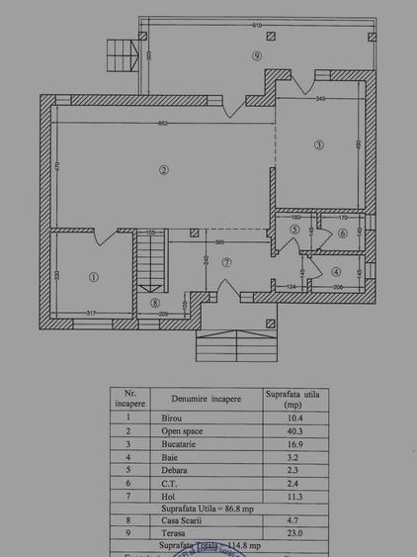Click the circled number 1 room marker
click(x=94, y=277)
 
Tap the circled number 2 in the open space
click(x=163, y=171)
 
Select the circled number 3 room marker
click(x=318, y=145)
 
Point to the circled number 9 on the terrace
click(x=256, y=56)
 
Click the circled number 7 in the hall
click(x=227, y=262)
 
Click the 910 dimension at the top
click(x=256, y=24)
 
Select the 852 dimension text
click(x=162, y=123)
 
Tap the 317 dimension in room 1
click(x=92, y=314)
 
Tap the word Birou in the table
click(x=171, y=418)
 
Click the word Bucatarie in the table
click(x=179, y=446)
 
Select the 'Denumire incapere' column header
click(x=199, y=398)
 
